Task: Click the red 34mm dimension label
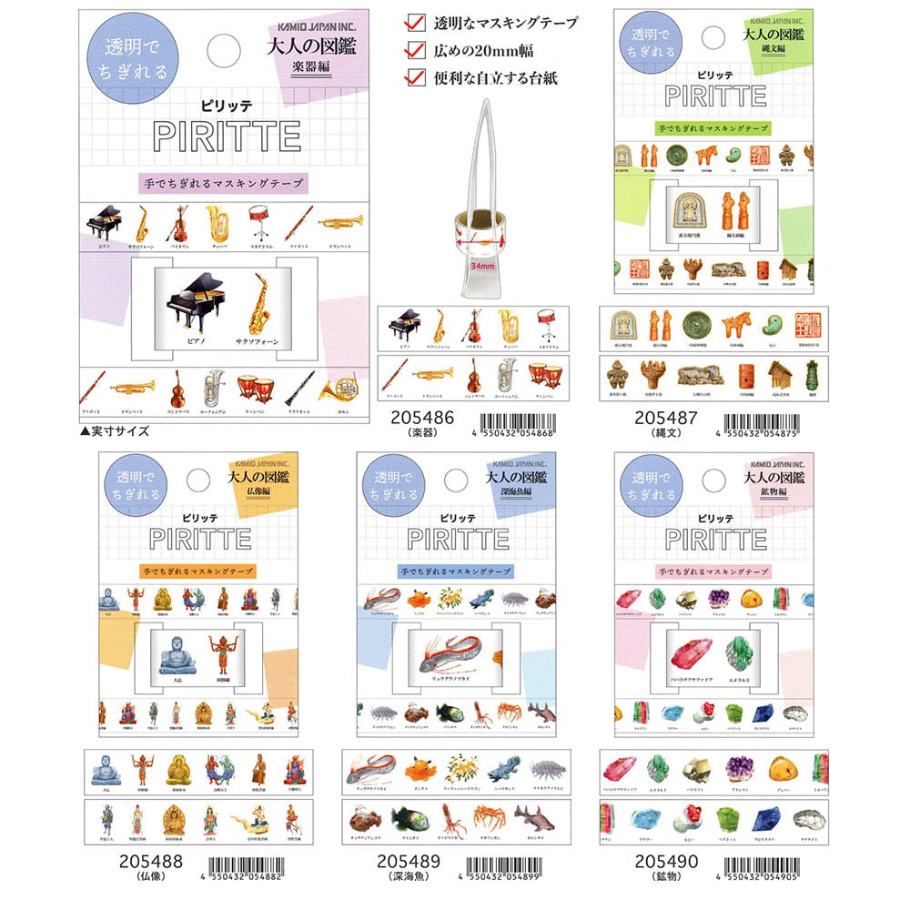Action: point(484,267)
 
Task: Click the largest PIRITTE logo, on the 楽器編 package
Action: point(227,136)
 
